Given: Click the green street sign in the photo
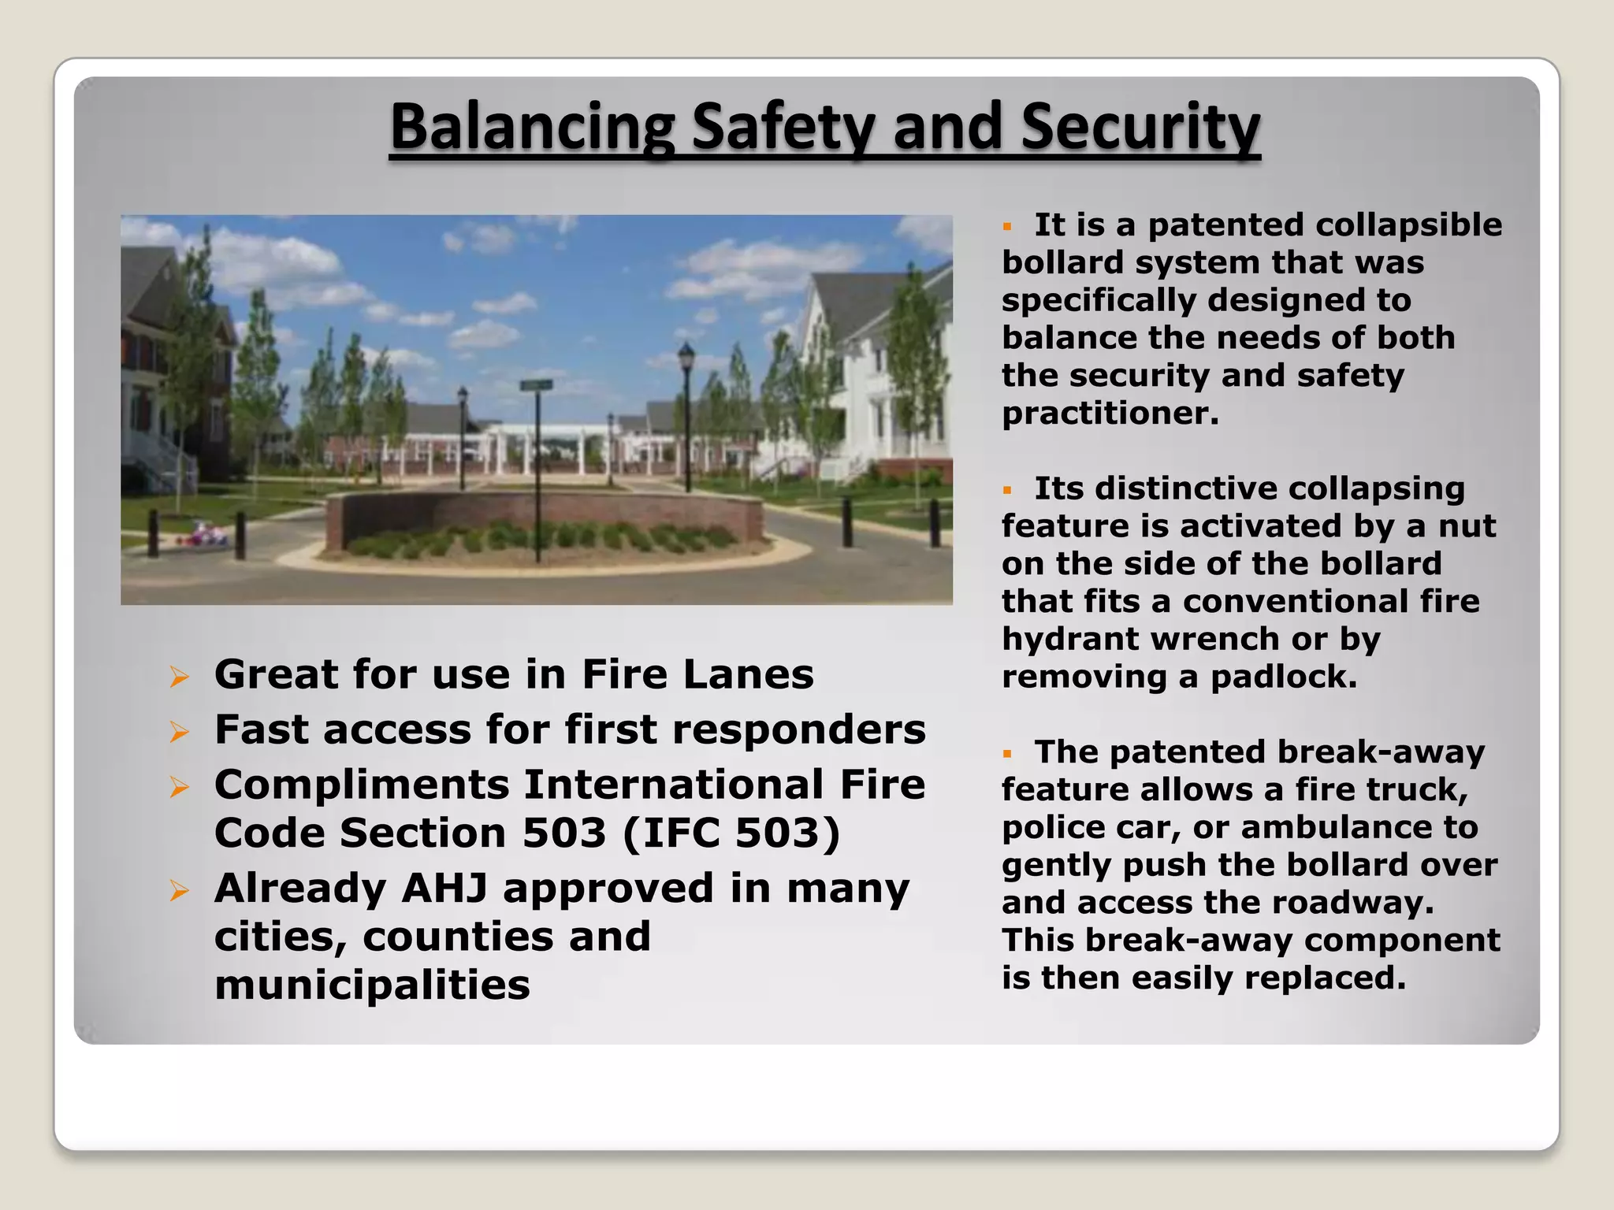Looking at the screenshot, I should pyautogui.click(x=536, y=384).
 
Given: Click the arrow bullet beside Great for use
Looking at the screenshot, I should pyautogui.click(x=180, y=676).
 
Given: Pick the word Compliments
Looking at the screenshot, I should pyautogui.click(x=362, y=785).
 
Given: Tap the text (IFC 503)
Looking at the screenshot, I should pyautogui.click(x=732, y=833).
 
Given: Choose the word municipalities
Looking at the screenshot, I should pyautogui.click(x=372, y=985).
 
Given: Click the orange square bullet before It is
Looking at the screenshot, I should pyautogui.click(x=1006, y=227).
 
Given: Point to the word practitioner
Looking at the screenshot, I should pyautogui.click(x=1110, y=413).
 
